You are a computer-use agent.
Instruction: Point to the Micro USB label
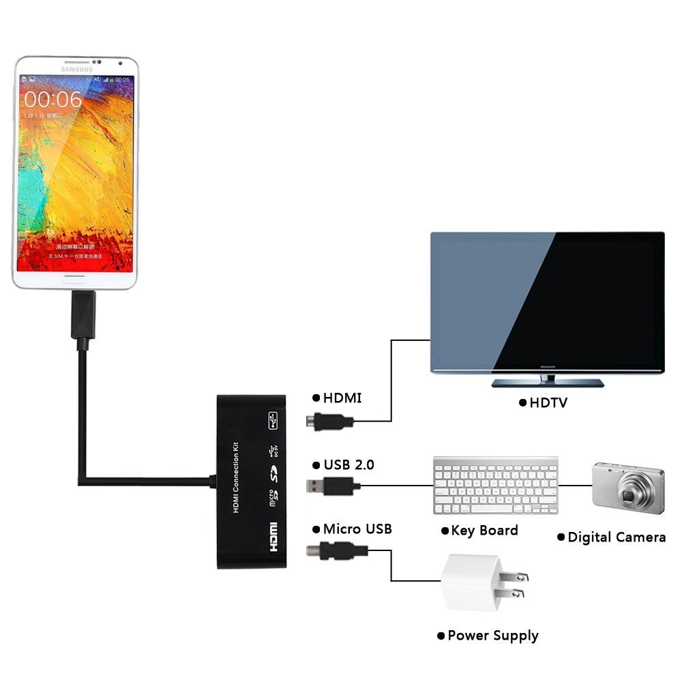pyautogui.click(x=357, y=529)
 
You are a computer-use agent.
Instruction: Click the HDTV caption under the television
pyautogui.click(x=548, y=402)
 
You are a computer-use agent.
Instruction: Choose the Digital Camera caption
pyautogui.click(x=617, y=537)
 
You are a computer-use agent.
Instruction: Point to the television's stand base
pyautogui.click(x=547, y=383)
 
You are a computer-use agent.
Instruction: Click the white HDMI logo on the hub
pyautogui.click(x=272, y=537)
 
